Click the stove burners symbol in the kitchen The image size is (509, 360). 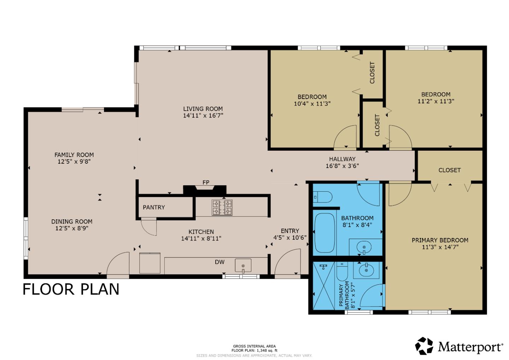coord(222,208)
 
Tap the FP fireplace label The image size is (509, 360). coord(206,182)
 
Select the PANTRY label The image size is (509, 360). coord(154,208)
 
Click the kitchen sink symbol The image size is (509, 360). coord(243,266)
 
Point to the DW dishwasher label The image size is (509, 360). coord(220,262)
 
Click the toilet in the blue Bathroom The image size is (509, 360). coord(323,197)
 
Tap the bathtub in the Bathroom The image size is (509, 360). coord(324,232)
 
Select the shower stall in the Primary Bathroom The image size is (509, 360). coord(323,286)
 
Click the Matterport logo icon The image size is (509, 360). coord(424,346)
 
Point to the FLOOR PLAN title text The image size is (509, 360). coord(71,289)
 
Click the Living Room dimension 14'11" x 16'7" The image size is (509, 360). coord(203,116)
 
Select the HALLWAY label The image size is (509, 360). coord(342,159)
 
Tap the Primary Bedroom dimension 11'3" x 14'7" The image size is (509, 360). coord(440,247)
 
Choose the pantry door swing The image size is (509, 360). coord(149,227)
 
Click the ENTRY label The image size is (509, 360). coord(290,231)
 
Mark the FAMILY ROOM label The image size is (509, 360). coord(74,155)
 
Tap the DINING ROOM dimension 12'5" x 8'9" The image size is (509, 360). coord(72,228)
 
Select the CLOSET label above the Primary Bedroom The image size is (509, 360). coord(449,170)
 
